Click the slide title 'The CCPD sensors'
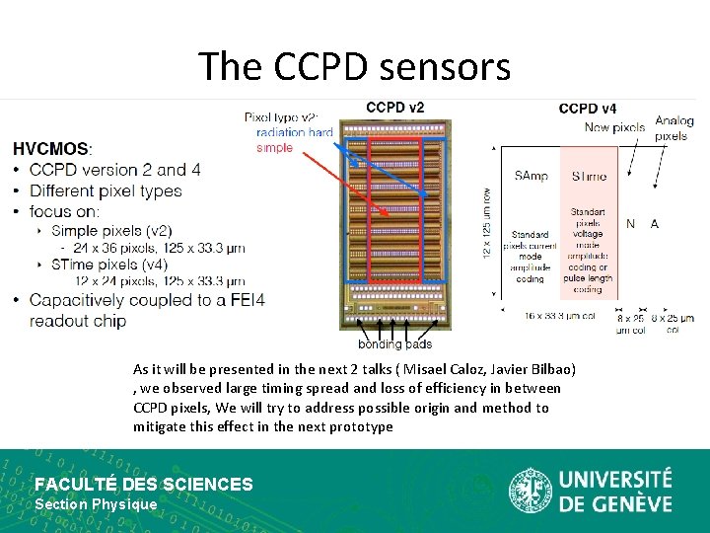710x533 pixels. click(x=354, y=66)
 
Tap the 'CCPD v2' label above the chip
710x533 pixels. click(x=394, y=108)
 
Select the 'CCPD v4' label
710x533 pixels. click(x=588, y=109)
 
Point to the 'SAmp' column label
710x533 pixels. click(x=531, y=176)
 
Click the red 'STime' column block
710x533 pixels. click(x=589, y=227)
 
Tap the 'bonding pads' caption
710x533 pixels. click(x=394, y=343)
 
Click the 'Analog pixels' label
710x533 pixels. click(x=674, y=128)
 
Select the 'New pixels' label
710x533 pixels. click(x=614, y=127)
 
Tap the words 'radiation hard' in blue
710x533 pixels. click(x=294, y=133)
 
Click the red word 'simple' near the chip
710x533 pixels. click(x=274, y=147)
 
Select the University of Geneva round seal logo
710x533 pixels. click(x=530, y=491)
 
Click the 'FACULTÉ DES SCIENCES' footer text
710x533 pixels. click(x=144, y=484)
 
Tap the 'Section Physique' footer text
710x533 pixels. click(x=96, y=504)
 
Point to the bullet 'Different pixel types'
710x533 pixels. click(x=106, y=190)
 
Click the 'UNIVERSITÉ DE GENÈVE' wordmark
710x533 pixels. click(x=615, y=491)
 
